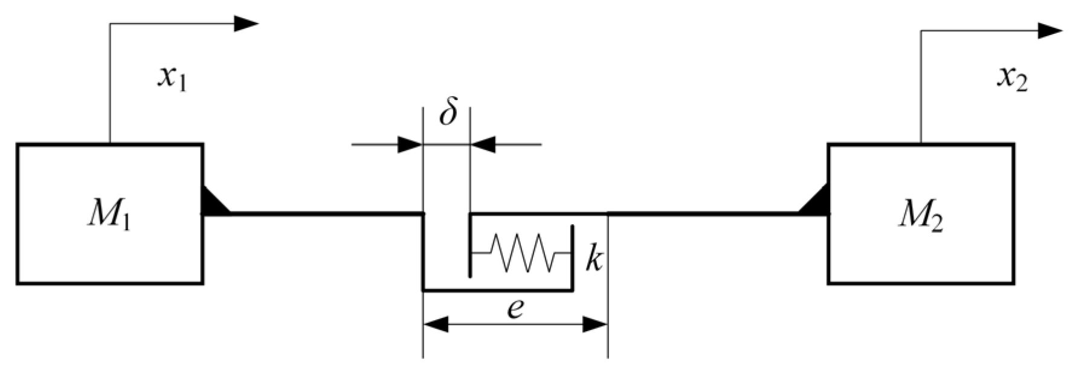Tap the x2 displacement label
point(1011,79)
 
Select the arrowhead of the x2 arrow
point(1050,31)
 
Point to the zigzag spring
point(521,253)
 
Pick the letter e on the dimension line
point(515,309)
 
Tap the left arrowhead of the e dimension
point(436,324)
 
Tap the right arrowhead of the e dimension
point(594,324)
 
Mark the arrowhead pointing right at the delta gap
point(410,145)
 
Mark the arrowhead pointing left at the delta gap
point(483,145)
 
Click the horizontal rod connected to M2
point(701,213)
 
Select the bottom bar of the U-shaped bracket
point(497,290)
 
